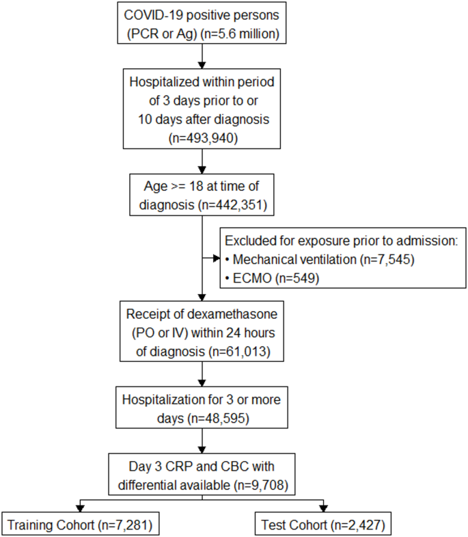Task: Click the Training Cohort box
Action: point(81,524)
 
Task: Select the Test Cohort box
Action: point(323,524)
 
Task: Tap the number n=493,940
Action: point(203,138)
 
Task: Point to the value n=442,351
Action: point(232,205)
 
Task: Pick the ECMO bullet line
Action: point(273,278)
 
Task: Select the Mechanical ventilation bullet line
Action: point(320,259)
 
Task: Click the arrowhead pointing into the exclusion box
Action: point(216,258)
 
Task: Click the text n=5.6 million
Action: point(240,34)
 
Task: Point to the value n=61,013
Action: point(239,352)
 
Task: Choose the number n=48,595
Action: point(219,418)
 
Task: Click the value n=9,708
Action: point(261,485)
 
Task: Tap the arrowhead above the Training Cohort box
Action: point(80,508)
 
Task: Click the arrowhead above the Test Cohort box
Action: point(323,508)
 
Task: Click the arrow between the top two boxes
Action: point(202,56)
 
